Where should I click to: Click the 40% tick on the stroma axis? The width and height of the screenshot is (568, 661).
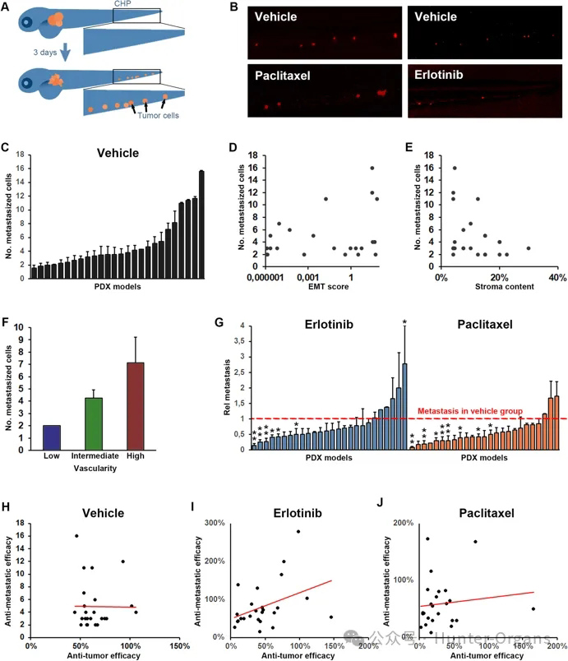(x=557, y=275)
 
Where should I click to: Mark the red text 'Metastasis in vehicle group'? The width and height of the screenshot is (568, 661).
(x=471, y=410)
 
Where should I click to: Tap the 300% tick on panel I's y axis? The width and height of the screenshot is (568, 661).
(x=215, y=522)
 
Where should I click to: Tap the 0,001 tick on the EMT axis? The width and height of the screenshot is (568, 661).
(x=307, y=276)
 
